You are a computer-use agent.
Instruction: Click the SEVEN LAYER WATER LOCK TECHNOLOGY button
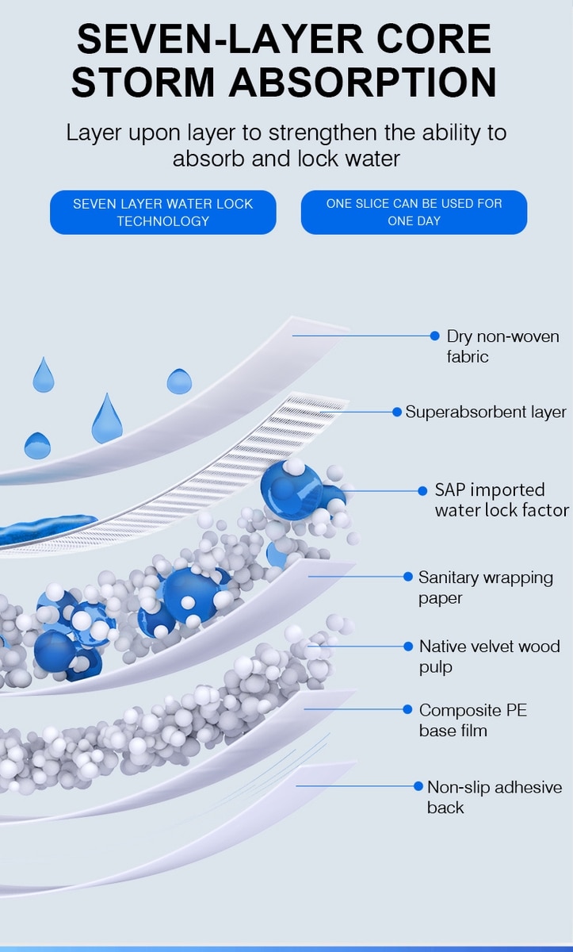click(163, 212)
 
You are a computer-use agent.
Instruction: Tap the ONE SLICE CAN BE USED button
click(414, 212)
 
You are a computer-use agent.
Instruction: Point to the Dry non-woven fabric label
click(502, 347)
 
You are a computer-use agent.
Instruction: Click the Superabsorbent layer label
click(486, 412)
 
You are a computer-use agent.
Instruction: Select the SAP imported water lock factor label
click(501, 500)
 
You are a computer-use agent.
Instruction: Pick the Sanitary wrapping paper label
click(486, 588)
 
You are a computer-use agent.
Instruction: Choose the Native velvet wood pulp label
click(489, 657)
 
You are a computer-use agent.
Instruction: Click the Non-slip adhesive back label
click(494, 797)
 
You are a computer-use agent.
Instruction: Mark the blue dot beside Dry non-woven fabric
click(434, 336)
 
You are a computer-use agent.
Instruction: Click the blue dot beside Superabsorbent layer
click(397, 412)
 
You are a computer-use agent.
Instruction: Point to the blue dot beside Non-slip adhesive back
click(418, 786)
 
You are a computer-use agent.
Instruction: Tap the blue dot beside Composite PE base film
click(407, 709)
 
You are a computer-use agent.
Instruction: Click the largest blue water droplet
click(106, 420)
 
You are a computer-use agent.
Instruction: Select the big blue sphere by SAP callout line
click(291, 489)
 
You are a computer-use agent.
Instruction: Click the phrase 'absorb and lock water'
click(286, 158)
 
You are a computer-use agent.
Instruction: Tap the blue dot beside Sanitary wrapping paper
click(407, 577)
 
